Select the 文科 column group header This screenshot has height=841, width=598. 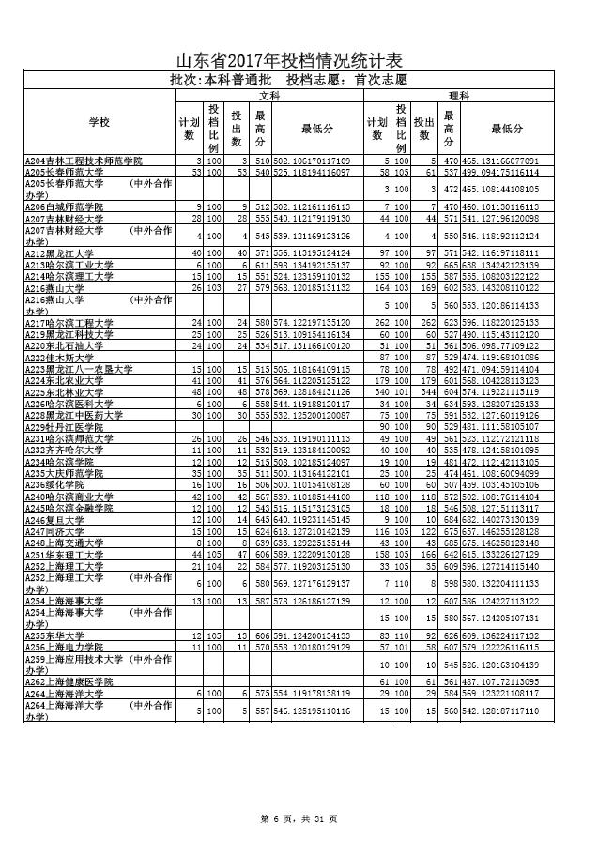[x=268, y=95]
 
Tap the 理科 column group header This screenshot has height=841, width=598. [x=458, y=95]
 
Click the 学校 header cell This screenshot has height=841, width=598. [x=100, y=124]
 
